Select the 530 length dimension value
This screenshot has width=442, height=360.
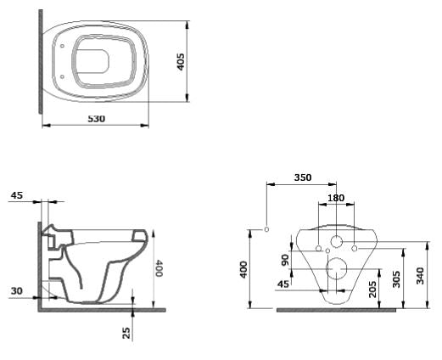96,118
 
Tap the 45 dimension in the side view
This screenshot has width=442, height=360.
17,195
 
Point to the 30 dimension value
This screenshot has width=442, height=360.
17,291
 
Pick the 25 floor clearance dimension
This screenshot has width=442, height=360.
127,334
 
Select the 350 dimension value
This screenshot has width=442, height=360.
302,177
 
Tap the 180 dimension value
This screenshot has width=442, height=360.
337,199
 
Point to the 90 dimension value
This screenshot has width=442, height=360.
286,259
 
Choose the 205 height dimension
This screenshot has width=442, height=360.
373,288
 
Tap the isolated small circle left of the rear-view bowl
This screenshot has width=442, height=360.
267,230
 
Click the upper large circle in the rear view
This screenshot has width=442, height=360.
336,242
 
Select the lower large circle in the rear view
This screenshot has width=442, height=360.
337,272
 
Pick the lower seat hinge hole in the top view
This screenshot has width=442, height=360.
65,77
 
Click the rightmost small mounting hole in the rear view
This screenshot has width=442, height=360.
355,248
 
